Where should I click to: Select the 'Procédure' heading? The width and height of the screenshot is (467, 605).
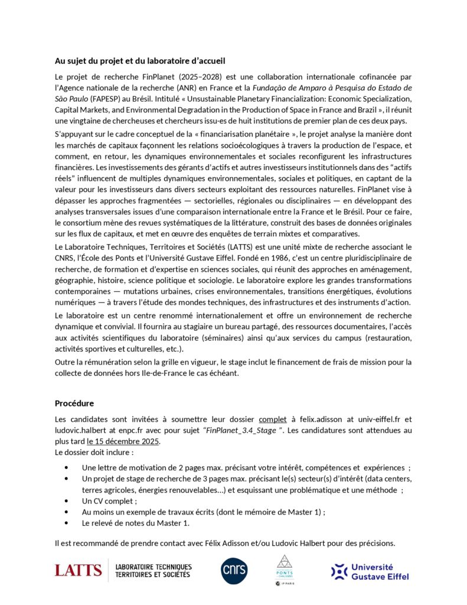[x=74, y=404]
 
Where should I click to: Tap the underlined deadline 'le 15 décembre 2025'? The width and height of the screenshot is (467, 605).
[x=123, y=441]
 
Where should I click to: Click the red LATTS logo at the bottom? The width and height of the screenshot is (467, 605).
[x=78, y=570]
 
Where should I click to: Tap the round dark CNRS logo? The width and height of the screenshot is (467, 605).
[x=234, y=570]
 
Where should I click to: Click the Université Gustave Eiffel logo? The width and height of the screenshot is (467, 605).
[x=370, y=571]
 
